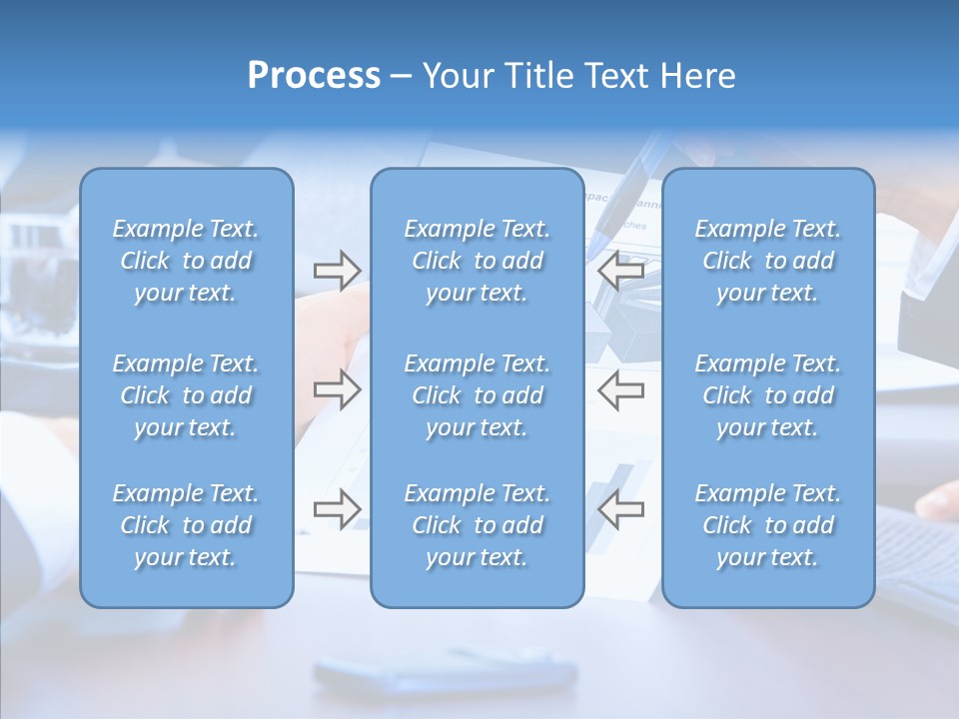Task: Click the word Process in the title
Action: click(x=313, y=75)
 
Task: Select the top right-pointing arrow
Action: click(x=337, y=271)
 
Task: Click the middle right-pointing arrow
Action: click(x=337, y=390)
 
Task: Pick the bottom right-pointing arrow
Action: click(x=337, y=509)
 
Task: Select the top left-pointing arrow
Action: click(x=620, y=271)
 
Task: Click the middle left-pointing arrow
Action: click(x=620, y=390)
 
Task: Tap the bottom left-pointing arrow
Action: click(x=620, y=509)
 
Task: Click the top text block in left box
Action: click(x=186, y=261)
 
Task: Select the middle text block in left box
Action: click(x=186, y=395)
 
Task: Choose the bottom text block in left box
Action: click(x=186, y=525)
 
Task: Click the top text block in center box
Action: click(x=477, y=261)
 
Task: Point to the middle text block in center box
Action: click(x=477, y=395)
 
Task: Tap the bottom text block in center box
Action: click(x=477, y=525)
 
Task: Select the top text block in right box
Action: click(x=767, y=261)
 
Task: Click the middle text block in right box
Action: click(x=767, y=395)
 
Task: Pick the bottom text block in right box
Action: click(x=767, y=525)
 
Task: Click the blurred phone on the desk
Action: click(x=445, y=672)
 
